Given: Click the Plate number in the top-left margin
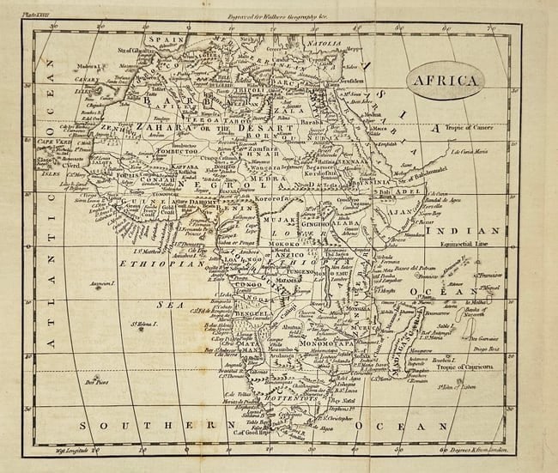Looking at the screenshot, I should click(38, 14).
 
